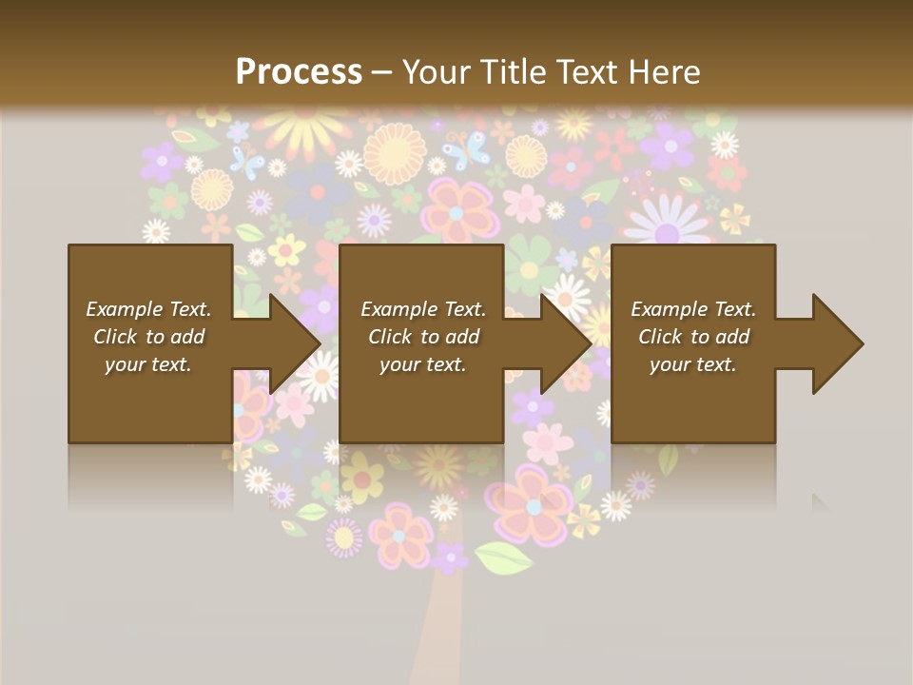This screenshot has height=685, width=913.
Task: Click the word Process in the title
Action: pos(299,71)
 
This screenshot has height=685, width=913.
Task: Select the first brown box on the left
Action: pos(150,343)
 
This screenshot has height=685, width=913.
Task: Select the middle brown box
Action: pos(421,343)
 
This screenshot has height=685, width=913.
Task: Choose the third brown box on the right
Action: pos(692,343)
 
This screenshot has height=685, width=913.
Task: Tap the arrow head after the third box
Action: pos(836,343)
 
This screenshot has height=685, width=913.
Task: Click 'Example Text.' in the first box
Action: pos(148,309)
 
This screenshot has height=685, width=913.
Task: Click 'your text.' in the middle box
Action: pos(423,364)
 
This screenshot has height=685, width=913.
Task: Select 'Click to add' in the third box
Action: pos(693,337)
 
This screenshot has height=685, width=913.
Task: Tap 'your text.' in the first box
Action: pos(148,364)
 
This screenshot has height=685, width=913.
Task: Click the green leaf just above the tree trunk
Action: pos(503,558)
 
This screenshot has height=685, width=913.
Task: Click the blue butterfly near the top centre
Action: pos(465,149)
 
